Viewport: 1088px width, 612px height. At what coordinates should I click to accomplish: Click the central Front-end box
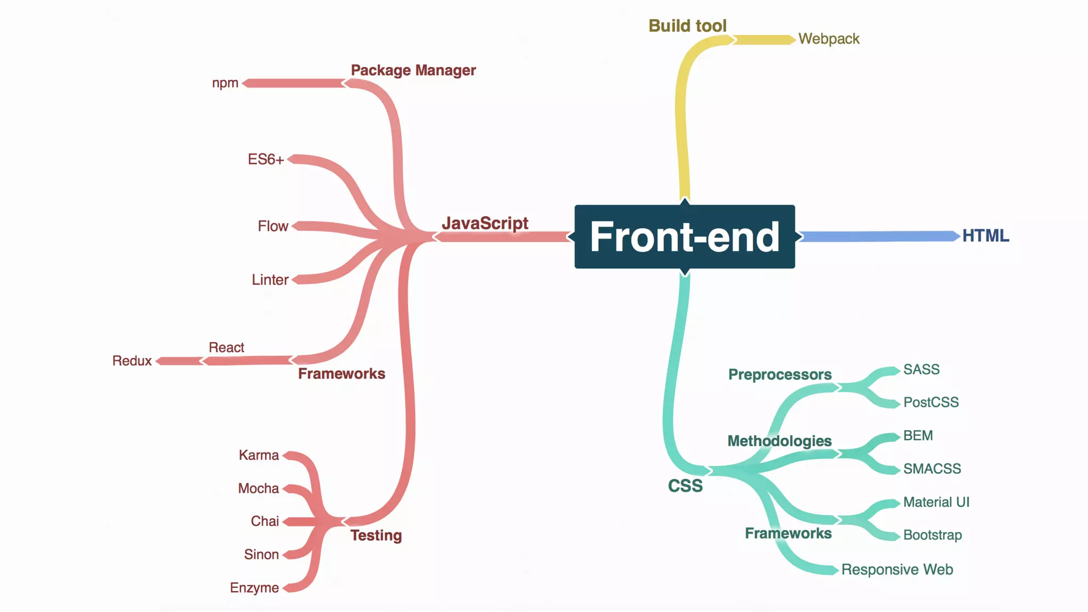684,237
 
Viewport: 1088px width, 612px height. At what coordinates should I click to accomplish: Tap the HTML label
985,235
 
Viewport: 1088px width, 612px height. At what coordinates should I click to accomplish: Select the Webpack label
829,39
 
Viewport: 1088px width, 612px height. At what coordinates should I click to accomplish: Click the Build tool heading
687,25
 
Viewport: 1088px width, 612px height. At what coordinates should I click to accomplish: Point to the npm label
225,83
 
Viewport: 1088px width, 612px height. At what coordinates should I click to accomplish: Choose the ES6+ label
266,159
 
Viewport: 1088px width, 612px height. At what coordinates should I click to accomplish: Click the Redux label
132,361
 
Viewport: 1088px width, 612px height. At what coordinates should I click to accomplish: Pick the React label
226,347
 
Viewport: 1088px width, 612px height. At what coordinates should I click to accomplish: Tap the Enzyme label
254,588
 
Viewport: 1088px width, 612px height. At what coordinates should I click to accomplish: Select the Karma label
259,455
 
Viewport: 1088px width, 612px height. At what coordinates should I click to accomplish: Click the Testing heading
376,535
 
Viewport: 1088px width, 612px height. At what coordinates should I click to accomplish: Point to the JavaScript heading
485,223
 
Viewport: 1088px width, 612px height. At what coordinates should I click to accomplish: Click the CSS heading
685,486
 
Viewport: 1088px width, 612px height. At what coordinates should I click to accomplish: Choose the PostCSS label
931,402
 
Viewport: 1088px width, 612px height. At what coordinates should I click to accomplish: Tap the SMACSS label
932,469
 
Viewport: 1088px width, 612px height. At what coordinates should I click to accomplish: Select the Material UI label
936,502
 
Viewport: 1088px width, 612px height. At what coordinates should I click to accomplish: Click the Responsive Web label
897,569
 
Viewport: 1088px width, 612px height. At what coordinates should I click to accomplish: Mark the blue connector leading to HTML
877,236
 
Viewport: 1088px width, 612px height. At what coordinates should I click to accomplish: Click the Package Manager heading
413,70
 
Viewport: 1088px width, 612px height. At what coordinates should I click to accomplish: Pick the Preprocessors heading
780,375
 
